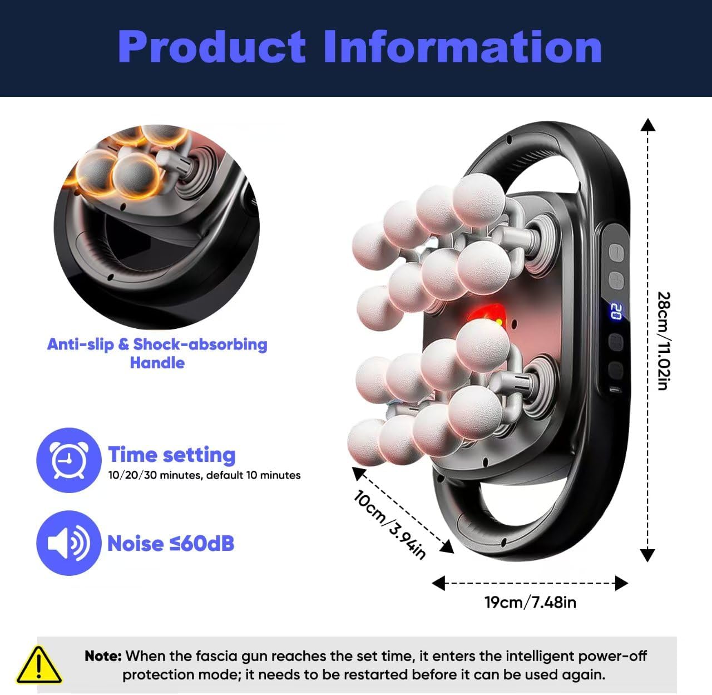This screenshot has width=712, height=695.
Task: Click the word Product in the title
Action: click(x=211, y=47)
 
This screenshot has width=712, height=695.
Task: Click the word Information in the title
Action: click(x=462, y=47)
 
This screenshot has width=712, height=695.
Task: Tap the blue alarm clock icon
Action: click(x=68, y=460)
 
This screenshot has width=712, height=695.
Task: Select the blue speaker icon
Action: click(x=68, y=543)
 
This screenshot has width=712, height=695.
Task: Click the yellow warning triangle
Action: click(x=38, y=666)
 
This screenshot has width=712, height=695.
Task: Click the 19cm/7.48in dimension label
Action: click(x=530, y=602)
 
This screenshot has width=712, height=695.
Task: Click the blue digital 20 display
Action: click(x=615, y=312)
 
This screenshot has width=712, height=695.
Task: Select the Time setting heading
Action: click(x=172, y=455)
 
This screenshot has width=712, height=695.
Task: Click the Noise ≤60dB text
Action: click(x=171, y=543)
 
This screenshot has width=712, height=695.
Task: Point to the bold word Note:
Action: click(x=103, y=656)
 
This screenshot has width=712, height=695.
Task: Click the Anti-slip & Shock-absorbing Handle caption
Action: click(x=157, y=353)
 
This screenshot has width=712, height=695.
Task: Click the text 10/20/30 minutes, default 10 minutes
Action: click(x=204, y=475)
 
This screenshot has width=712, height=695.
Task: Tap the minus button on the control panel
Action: click(x=615, y=252)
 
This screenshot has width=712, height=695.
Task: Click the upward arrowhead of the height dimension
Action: click(x=647, y=125)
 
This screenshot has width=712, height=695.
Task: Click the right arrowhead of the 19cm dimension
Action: click(x=621, y=583)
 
